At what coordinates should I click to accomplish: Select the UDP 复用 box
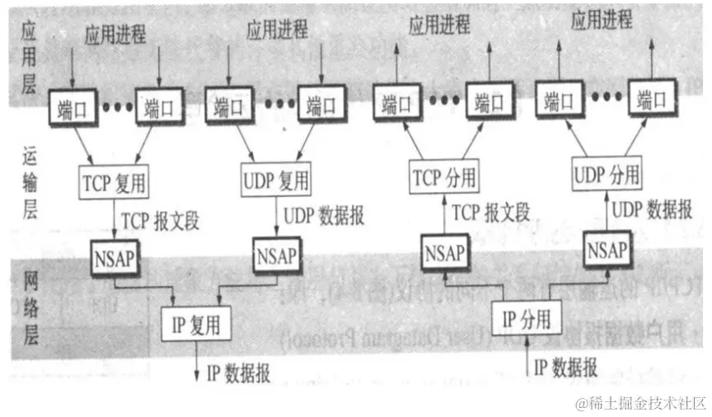276,180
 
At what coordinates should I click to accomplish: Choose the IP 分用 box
526,316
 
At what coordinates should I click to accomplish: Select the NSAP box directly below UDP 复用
276,251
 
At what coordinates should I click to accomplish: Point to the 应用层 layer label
29,59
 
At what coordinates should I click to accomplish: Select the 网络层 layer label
29,297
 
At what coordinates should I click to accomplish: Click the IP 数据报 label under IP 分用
565,367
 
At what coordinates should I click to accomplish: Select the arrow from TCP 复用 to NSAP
114,217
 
